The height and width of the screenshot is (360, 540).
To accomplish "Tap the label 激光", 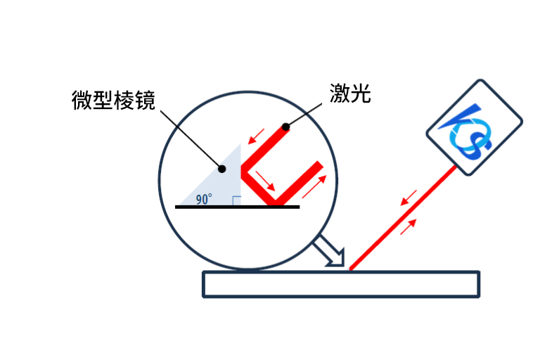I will (350, 94).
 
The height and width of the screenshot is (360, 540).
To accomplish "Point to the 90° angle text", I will (204, 199).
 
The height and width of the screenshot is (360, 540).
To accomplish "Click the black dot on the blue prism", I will (223, 168).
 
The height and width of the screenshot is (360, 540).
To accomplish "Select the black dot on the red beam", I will (285, 127).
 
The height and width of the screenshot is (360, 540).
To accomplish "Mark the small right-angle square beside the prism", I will (236, 201).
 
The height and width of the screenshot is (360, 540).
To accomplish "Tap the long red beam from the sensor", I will (401, 218).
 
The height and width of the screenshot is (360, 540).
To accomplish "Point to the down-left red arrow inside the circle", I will (258, 134).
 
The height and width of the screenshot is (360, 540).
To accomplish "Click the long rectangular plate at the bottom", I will (341, 283).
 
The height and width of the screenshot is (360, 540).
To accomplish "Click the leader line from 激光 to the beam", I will (307, 112).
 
